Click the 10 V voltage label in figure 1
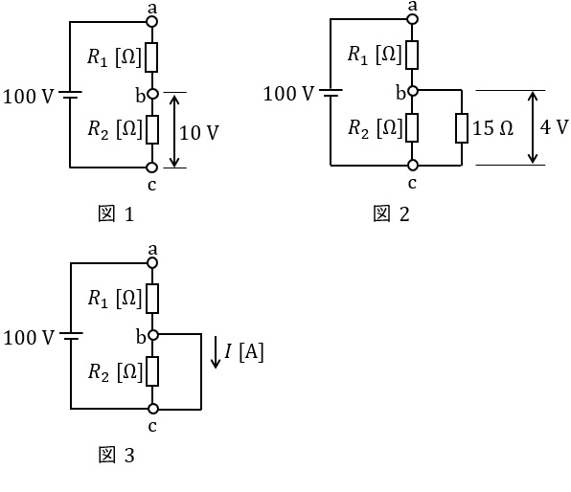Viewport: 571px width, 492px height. (199, 132)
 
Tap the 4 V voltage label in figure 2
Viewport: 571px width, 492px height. (554, 127)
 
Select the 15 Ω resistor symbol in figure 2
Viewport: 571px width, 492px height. (462, 127)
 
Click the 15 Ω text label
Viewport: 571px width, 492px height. (492, 128)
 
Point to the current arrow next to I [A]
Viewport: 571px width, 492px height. (216, 352)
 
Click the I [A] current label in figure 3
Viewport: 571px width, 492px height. (243, 352)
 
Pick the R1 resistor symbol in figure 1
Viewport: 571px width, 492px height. (152, 57)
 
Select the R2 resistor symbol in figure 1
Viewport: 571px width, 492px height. (152, 129)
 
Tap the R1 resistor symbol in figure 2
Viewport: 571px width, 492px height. (412, 55)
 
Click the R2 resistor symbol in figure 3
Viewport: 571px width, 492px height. (152, 371)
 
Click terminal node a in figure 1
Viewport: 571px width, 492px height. (152, 21)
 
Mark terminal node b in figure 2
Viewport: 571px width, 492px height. (412, 91)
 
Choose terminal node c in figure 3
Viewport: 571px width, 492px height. (153, 409)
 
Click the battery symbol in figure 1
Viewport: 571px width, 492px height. (70, 95)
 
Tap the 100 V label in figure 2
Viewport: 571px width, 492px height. (288, 94)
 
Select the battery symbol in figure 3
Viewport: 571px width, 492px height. (71, 336)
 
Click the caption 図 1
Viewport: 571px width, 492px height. (116, 213)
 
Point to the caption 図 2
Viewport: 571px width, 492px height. (391, 213)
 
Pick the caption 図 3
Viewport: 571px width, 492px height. (116, 455)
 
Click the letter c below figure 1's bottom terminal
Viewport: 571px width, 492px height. (152, 186)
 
